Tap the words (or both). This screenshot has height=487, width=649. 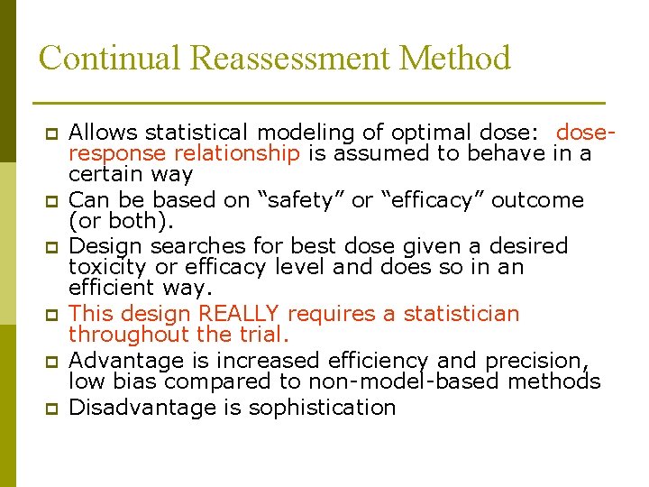point(117,221)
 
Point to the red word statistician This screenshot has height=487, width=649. point(462,314)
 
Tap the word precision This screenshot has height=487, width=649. point(536,361)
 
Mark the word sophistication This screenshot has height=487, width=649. point(322,408)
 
